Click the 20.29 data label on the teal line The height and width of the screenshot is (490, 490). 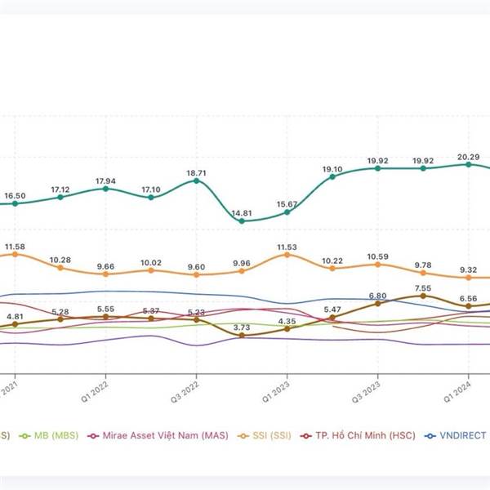point(468,157)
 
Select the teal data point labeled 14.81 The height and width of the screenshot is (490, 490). point(242,220)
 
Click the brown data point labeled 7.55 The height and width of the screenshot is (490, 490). point(423,296)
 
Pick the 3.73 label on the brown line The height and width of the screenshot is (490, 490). point(242,327)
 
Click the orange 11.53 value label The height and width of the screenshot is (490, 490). point(287,246)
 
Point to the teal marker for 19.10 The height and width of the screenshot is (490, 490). point(332,176)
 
